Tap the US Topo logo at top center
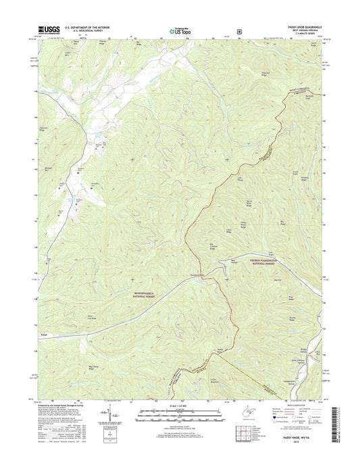(x=179, y=30)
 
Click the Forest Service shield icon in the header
(x=239, y=30)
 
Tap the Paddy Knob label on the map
(x=220, y=349)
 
